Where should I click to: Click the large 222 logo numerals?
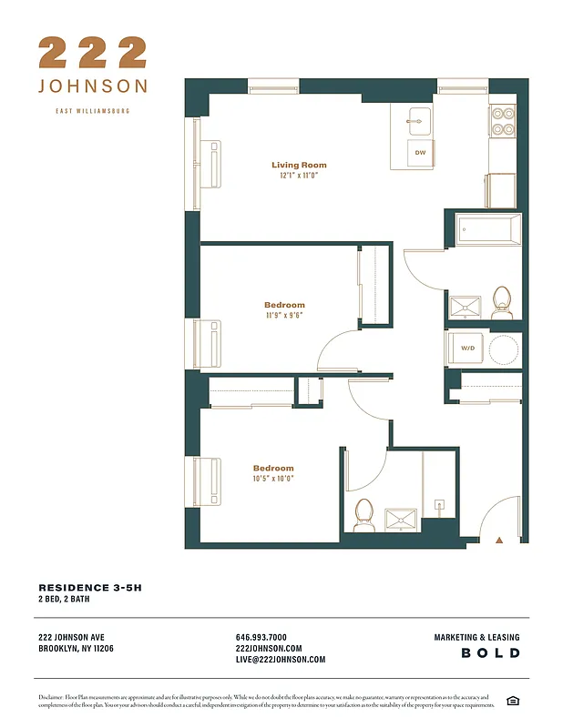(x=92, y=53)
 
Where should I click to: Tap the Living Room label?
(x=299, y=165)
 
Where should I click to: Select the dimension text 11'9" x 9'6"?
(x=284, y=316)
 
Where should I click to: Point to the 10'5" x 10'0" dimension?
(x=273, y=479)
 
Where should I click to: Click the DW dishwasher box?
(x=420, y=153)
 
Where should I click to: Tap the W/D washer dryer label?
(x=466, y=349)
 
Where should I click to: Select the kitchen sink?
(x=420, y=119)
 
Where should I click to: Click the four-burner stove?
(x=503, y=121)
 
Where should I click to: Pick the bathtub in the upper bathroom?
(x=489, y=228)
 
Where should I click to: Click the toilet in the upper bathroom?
(x=502, y=301)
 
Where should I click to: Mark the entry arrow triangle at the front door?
(x=498, y=540)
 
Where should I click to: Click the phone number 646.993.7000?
(x=261, y=637)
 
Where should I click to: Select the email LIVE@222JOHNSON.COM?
(x=280, y=660)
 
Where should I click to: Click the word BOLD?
(x=490, y=653)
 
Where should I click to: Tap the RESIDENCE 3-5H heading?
(x=90, y=588)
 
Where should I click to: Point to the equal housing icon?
(x=513, y=699)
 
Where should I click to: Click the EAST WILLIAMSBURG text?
(x=92, y=110)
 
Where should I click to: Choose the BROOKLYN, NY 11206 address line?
(x=77, y=649)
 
